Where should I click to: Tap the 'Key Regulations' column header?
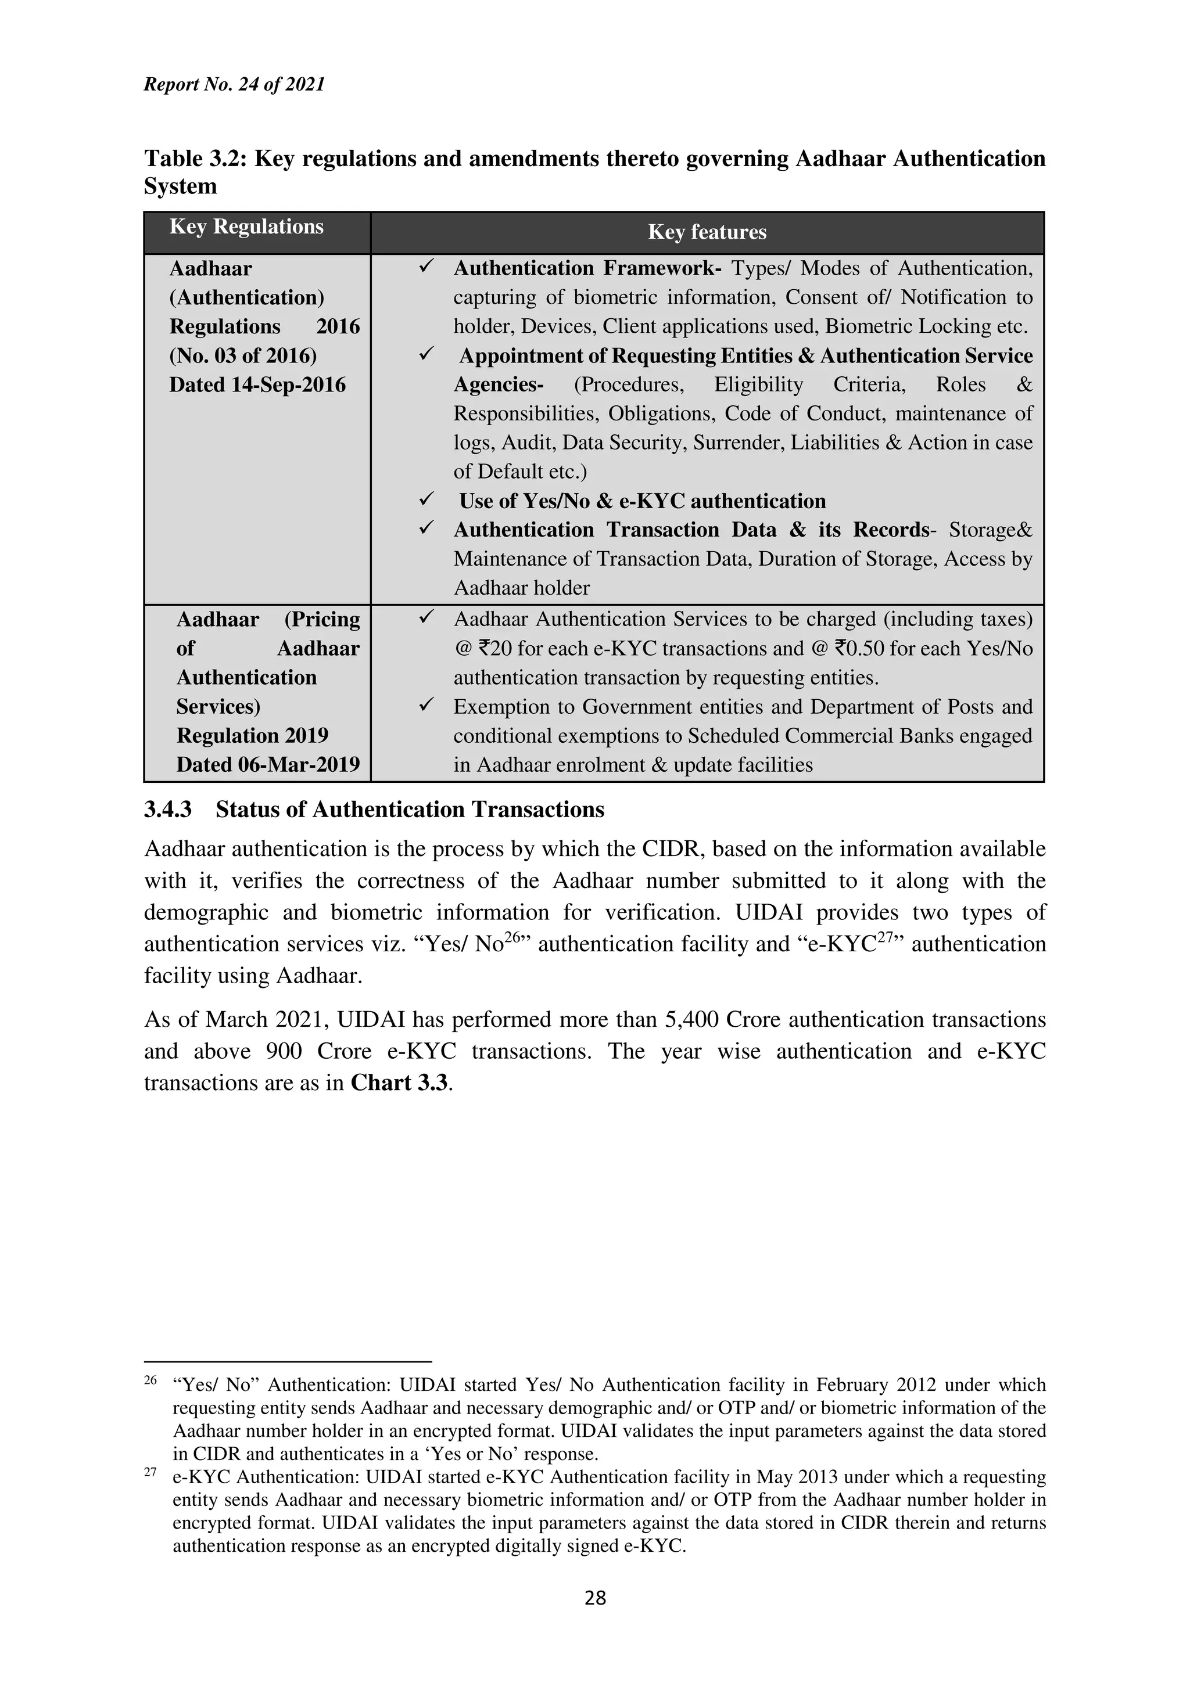click(246, 226)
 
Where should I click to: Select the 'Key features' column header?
click(707, 232)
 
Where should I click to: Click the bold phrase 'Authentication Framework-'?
click(587, 268)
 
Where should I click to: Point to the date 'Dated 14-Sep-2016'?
click(257, 385)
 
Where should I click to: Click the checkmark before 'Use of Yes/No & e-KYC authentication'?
click(426, 500)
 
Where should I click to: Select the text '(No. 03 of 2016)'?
click(243, 355)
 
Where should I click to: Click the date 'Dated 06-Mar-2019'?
click(268, 764)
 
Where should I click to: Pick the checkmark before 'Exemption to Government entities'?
click(426, 705)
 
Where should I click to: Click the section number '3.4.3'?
click(168, 809)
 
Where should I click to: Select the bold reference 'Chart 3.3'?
click(399, 1083)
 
